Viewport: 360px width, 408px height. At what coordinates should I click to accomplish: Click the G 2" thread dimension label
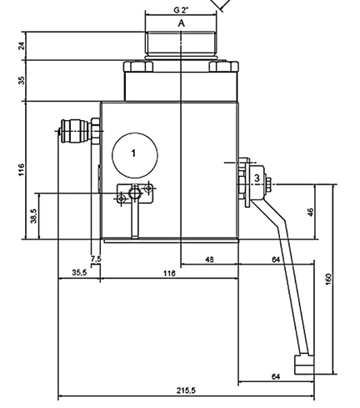point(181,10)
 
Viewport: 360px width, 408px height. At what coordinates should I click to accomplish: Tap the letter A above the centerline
point(182,23)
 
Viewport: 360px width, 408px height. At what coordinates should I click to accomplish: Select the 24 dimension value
point(22,46)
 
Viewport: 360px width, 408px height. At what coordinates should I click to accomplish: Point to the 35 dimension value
point(22,80)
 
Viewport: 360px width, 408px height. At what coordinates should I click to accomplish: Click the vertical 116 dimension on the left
point(22,169)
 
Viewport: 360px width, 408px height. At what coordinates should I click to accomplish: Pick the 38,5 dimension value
point(33,216)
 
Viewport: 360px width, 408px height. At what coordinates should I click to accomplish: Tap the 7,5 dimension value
point(96,259)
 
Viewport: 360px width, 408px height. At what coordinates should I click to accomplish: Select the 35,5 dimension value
point(79,273)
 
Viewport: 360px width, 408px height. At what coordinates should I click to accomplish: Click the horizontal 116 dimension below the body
point(169,274)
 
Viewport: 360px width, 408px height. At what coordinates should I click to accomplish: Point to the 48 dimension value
point(209,259)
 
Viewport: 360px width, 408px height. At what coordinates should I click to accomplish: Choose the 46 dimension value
point(311,212)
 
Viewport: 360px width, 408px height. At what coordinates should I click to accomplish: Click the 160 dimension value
point(328,280)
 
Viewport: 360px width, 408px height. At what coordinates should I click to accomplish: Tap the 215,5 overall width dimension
point(186,390)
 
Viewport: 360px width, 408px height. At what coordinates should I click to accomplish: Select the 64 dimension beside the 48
point(276,259)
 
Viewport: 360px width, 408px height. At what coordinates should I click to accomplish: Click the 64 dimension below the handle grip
point(276,377)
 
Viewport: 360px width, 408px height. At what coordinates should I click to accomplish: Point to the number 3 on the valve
point(257,178)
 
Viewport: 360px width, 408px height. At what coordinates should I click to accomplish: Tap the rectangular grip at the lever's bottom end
point(304,365)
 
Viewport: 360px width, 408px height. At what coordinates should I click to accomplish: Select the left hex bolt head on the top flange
point(138,67)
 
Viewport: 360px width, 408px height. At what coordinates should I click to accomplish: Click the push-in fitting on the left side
point(80,131)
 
